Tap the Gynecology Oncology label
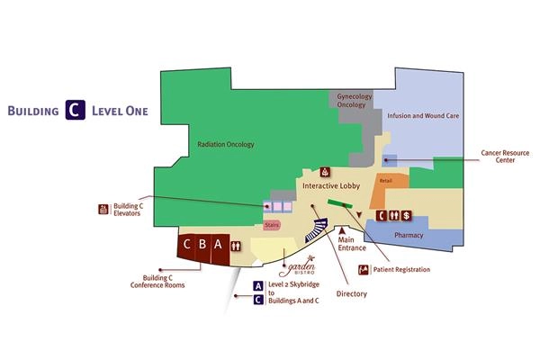pyautogui.click(x=351, y=100)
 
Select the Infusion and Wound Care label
pyautogui.click(x=416, y=116)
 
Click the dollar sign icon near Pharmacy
pyautogui.click(x=407, y=215)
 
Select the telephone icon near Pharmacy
pyautogui.click(x=381, y=215)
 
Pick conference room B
pyautogui.click(x=203, y=244)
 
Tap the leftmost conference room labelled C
pyautogui.click(x=187, y=244)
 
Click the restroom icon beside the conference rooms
pyautogui.click(x=236, y=245)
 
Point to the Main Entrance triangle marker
pyautogui.click(x=342, y=231)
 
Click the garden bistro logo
pyautogui.click(x=296, y=266)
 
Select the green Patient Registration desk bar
pyautogui.click(x=340, y=205)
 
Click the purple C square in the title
pyautogui.click(x=73, y=111)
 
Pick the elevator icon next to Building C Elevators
pyautogui.click(x=103, y=210)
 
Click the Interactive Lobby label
pyautogui.click(x=330, y=185)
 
